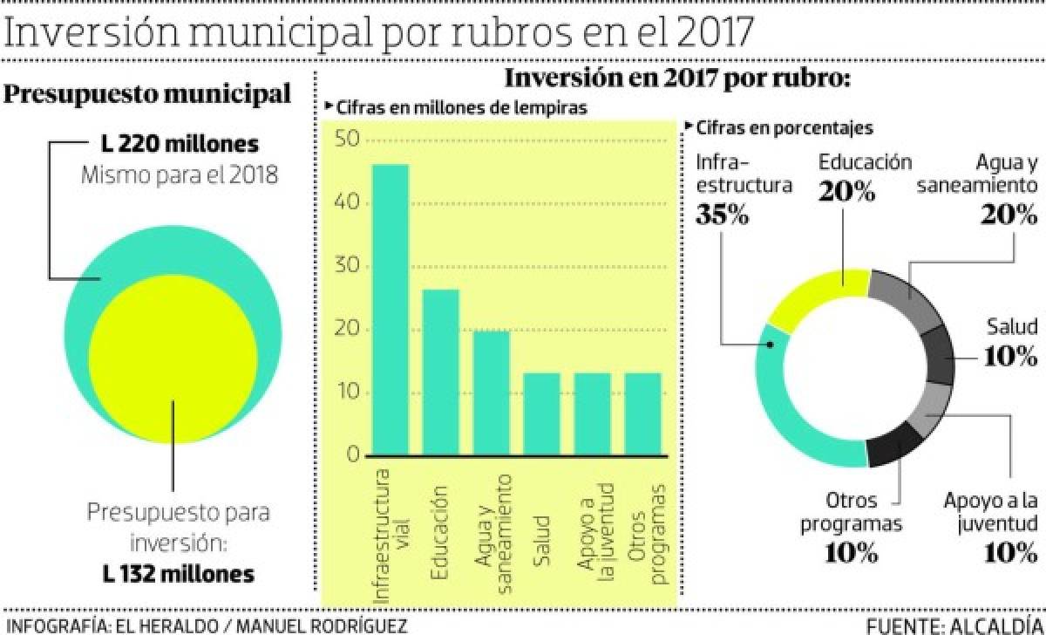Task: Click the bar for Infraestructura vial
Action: click(x=390, y=310)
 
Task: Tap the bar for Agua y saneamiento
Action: click(x=491, y=393)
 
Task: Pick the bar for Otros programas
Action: click(x=643, y=414)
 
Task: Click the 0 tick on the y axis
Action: click(x=353, y=455)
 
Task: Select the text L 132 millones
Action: click(x=178, y=574)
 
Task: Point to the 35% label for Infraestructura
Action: click(x=723, y=215)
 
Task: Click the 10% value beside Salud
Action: click(x=1010, y=356)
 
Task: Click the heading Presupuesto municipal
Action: click(x=148, y=94)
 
